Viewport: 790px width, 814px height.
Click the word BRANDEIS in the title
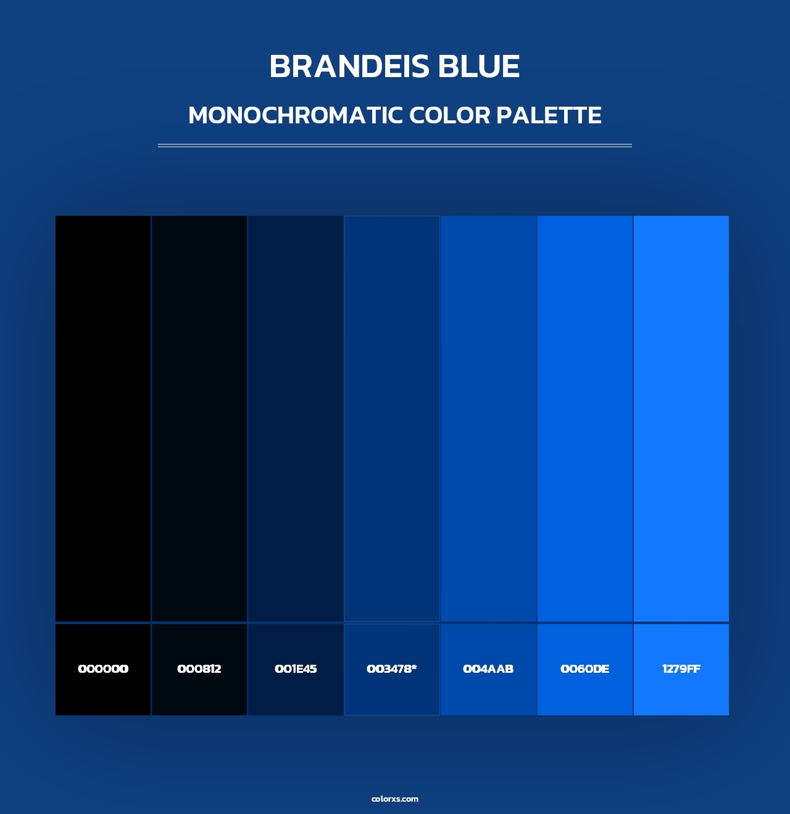click(349, 67)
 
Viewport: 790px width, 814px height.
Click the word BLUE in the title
click(479, 67)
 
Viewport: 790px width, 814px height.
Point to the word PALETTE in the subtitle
click(549, 115)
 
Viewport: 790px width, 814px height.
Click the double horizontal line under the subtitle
click(395, 146)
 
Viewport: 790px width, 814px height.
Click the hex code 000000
click(103, 669)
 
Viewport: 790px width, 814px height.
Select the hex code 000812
click(199, 669)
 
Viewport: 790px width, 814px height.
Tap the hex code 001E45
click(296, 669)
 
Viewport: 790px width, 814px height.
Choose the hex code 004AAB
click(488, 669)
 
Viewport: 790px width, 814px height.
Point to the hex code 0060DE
click(584, 669)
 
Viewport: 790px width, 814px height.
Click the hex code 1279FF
click(681, 669)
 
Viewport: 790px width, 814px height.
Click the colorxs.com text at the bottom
click(395, 799)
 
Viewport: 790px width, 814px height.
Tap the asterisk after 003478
click(414, 667)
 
